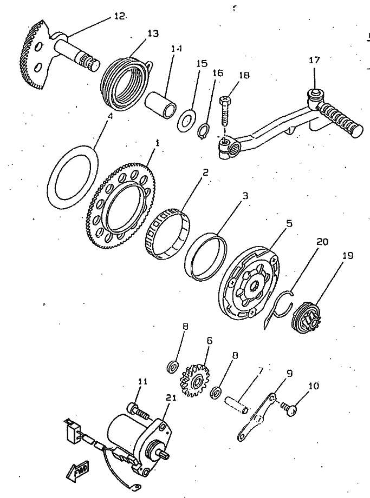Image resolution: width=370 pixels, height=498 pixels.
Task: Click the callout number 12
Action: [x=119, y=16]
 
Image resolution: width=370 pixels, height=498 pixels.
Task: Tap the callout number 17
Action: [x=315, y=60]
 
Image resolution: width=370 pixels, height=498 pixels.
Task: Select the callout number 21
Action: [x=171, y=398]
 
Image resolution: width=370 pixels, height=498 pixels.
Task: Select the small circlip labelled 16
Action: [x=204, y=131]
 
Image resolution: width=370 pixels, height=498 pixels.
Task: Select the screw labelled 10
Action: [x=292, y=411]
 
